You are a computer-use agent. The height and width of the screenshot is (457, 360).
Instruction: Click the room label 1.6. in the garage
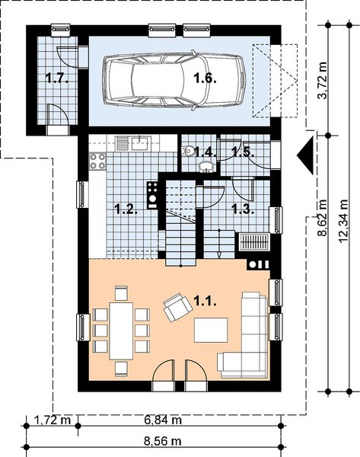tap(203, 77)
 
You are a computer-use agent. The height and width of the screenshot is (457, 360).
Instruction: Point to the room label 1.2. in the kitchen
tap(126, 208)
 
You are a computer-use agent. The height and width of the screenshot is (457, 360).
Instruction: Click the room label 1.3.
tap(242, 208)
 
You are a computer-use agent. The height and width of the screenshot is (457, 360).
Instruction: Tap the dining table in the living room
tap(121, 330)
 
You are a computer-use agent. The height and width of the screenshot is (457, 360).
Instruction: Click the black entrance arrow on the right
tap(306, 155)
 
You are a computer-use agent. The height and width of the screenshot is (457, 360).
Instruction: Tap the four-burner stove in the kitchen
tap(97, 161)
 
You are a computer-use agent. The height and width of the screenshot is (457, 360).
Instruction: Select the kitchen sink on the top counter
tap(139, 142)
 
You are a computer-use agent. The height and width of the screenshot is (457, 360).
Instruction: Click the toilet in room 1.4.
tap(189, 152)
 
